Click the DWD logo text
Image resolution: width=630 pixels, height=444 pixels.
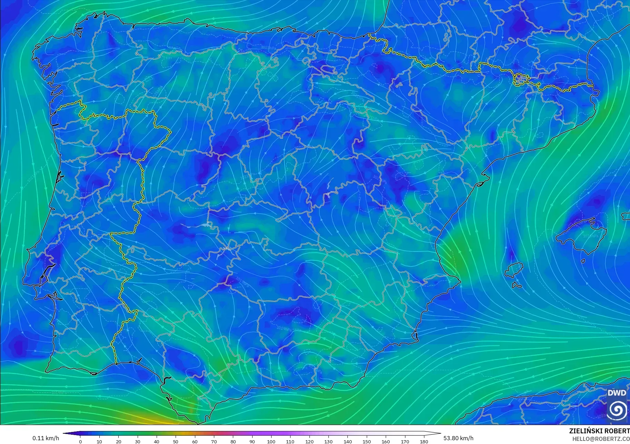click(617, 393)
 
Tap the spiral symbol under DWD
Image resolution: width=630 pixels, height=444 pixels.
click(617, 410)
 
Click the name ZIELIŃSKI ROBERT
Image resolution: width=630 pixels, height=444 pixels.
click(599, 431)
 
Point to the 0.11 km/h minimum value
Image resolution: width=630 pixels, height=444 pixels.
click(46, 438)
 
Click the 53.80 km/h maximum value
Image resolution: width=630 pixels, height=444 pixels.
click(458, 438)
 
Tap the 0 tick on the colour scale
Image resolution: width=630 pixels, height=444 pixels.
click(80, 441)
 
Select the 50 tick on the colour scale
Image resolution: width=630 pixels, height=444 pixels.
click(176, 441)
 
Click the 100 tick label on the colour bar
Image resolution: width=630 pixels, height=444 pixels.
click(271, 441)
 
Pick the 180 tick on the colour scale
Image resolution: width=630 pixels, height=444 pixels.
click(424, 441)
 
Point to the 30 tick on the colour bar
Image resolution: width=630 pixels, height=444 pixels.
click(138, 441)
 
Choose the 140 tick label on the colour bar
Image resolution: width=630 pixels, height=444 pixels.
click(347, 441)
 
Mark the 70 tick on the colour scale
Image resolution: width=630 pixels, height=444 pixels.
click(214, 441)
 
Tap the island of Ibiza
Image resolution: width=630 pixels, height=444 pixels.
click(514, 269)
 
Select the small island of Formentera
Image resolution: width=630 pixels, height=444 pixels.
click(516, 285)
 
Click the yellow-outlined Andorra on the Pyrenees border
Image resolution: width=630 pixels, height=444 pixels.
click(520, 79)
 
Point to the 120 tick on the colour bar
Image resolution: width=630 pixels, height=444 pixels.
click(309, 441)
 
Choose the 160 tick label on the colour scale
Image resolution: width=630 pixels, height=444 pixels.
click(386, 441)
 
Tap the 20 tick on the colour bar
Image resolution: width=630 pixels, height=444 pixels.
click(119, 441)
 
